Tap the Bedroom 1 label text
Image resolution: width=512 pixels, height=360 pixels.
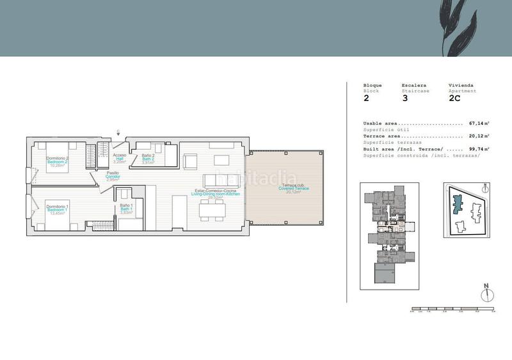pos(57,209)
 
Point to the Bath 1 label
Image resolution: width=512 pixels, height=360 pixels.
pos(126,208)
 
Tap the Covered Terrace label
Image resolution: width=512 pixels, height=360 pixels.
pos(294,188)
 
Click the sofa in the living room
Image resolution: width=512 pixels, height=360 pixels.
pos(218,180)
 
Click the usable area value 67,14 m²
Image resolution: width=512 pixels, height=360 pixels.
pos(479,123)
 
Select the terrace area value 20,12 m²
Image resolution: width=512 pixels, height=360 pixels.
pos(479,136)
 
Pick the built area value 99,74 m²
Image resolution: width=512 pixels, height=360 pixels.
pos(479,149)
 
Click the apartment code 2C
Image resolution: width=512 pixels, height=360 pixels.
pos(455,98)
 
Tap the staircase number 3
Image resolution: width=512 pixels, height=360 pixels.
pos(404,98)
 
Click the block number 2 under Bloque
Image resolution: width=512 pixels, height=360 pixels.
pos(366,98)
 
